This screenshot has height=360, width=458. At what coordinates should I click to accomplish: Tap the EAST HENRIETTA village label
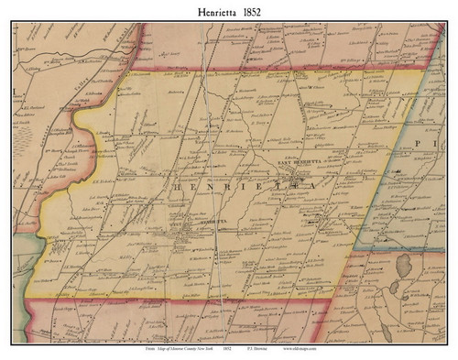298,162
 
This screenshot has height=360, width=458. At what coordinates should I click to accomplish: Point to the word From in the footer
125,350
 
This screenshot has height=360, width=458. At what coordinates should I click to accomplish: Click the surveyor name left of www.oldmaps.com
257,350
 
